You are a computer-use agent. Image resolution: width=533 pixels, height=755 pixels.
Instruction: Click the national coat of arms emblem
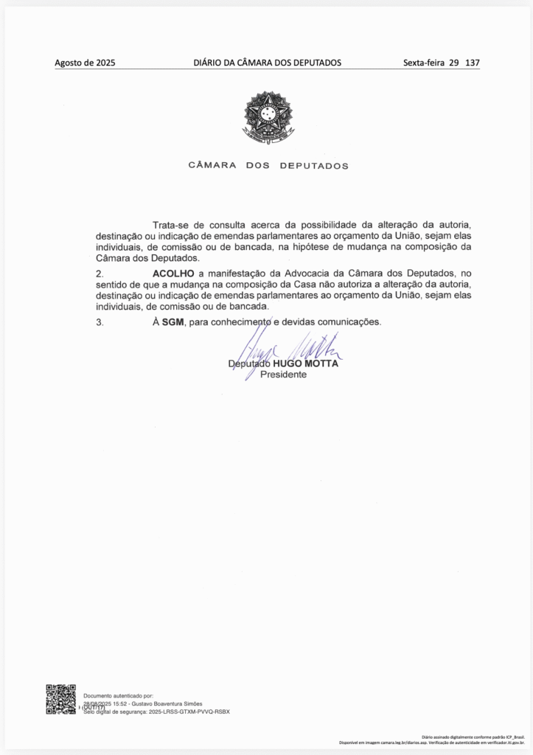[x=268, y=117]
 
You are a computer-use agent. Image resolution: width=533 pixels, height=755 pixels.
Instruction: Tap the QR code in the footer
[x=60, y=699]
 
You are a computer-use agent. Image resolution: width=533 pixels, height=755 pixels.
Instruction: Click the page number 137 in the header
[x=473, y=63]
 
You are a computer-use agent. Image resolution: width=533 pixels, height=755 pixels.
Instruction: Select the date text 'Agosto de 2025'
[x=85, y=63]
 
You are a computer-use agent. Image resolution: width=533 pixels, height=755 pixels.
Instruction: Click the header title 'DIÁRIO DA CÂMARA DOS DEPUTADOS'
[x=267, y=63]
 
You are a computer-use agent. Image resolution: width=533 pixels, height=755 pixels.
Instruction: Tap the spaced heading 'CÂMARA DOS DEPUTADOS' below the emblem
[x=268, y=166]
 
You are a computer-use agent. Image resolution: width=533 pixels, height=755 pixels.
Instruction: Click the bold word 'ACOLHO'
[x=173, y=274]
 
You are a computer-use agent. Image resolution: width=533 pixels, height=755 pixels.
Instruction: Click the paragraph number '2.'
[x=100, y=274]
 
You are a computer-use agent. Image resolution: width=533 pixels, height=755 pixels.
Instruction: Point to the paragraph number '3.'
[x=100, y=322]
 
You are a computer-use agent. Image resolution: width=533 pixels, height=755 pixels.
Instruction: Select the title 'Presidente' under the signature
[x=284, y=375]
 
